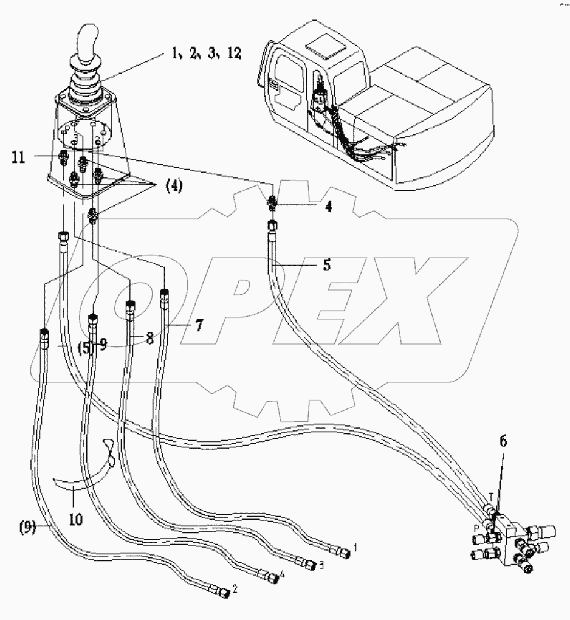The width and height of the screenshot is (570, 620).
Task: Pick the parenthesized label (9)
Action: pyautogui.click(x=27, y=528)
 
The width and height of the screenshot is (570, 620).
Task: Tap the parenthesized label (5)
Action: pyautogui.click(x=84, y=348)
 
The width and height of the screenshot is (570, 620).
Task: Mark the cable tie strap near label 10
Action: pyautogui.click(x=91, y=468)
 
